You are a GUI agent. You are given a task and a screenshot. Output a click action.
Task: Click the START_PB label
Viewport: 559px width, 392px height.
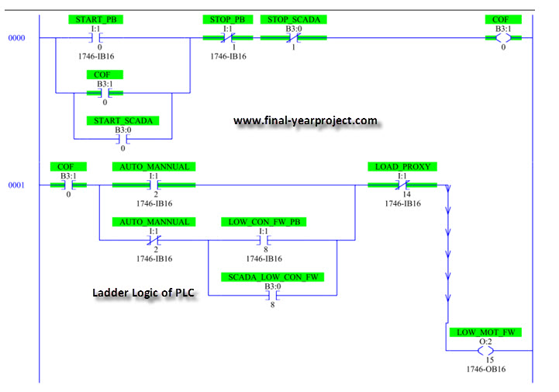pyautogui.click(x=96, y=19)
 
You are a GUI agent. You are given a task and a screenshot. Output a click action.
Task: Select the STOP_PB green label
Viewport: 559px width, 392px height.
pyautogui.click(x=228, y=19)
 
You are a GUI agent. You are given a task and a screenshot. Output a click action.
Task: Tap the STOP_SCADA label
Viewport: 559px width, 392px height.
pyautogui.click(x=293, y=19)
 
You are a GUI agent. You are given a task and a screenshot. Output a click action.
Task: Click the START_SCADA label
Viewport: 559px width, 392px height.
pyautogui.click(x=123, y=120)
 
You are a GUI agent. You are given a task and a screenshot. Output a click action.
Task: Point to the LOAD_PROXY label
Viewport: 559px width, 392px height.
pyautogui.click(x=402, y=167)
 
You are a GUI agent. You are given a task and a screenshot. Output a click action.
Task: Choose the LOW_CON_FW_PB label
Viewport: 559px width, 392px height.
pyautogui.click(x=264, y=222)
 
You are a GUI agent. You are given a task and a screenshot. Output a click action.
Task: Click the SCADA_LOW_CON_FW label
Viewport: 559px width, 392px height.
pyautogui.click(x=273, y=277)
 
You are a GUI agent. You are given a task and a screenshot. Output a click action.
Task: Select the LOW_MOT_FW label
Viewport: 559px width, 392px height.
pyautogui.click(x=485, y=332)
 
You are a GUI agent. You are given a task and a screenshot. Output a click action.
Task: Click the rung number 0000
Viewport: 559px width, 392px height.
pyautogui.click(x=16, y=38)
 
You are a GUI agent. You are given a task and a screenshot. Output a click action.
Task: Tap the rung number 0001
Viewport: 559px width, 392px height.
pyautogui.click(x=16, y=186)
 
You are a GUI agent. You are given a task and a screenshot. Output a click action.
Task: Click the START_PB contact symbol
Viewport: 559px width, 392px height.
pyautogui.click(x=95, y=37)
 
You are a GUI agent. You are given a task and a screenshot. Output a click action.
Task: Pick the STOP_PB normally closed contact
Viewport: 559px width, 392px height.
pyautogui.click(x=228, y=37)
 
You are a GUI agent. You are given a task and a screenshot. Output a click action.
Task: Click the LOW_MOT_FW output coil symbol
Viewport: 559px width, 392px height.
pyautogui.click(x=485, y=351)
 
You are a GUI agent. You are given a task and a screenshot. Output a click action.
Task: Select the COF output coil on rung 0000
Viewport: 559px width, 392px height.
pyautogui.click(x=503, y=37)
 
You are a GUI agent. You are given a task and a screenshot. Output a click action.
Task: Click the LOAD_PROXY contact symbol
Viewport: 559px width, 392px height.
pyautogui.click(x=402, y=185)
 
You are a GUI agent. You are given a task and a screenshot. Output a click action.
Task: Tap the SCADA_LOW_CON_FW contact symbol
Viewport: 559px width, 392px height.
pyautogui.click(x=273, y=296)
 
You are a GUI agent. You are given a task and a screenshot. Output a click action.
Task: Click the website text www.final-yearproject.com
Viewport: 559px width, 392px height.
pyautogui.click(x=305, y=120)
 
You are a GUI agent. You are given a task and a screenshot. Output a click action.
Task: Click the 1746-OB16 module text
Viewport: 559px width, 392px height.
pyautogui.click(x=486, y=369)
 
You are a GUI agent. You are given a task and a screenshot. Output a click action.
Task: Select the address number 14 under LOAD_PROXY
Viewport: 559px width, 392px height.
pyautogui.click(x=407, y=194)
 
